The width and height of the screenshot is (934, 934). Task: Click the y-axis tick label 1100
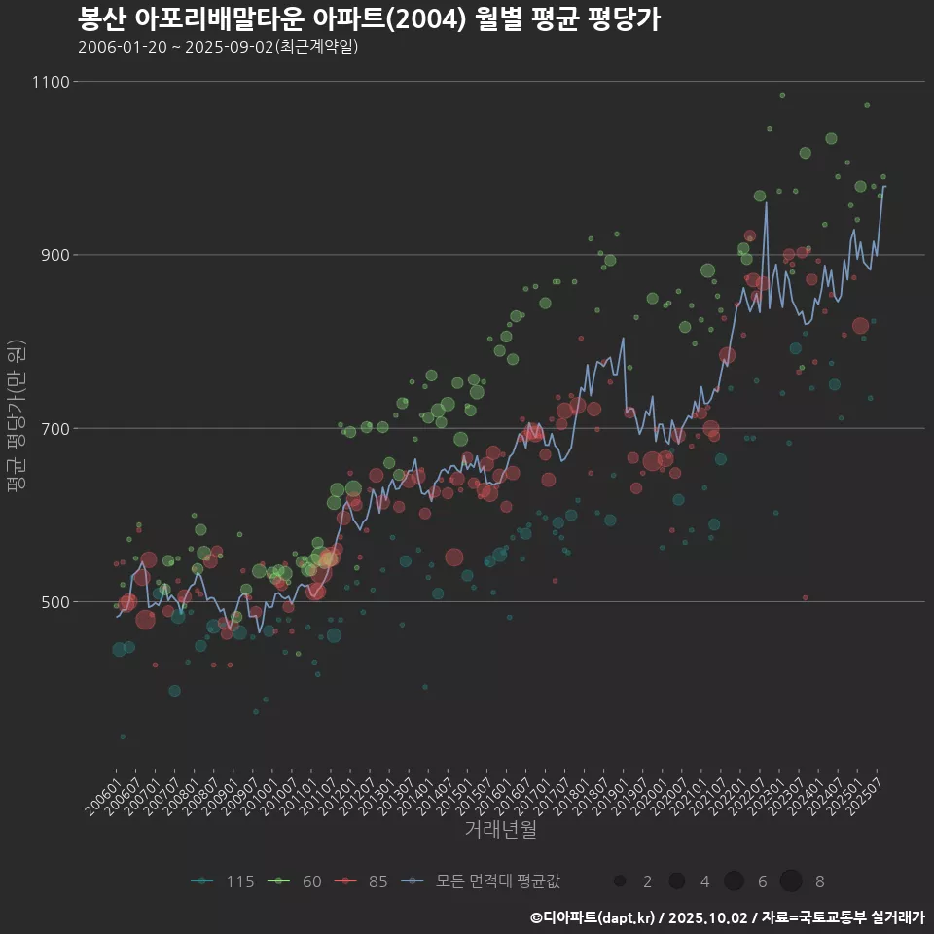pos(51,82)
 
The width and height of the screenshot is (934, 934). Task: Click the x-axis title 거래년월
pos(500,830)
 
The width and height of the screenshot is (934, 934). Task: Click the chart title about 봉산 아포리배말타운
pos(369,19)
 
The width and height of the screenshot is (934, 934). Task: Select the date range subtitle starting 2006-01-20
pos(218,47)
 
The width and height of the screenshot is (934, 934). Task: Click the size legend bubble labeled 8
pos(790,881)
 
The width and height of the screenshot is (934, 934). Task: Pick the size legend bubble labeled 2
pos(619,881)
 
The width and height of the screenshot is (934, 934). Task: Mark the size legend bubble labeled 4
pos(676,881)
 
